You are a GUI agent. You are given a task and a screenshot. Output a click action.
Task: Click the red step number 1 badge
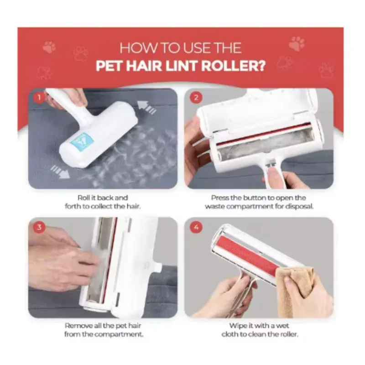39,97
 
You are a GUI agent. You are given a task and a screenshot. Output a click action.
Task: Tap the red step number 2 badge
196,97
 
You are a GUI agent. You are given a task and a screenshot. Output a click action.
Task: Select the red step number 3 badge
39,227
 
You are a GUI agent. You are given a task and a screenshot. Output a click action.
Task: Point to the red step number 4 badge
196,227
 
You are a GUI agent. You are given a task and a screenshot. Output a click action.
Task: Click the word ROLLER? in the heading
233,66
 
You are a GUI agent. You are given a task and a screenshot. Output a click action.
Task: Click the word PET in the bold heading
109,66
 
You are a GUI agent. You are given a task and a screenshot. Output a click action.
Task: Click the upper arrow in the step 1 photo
146,107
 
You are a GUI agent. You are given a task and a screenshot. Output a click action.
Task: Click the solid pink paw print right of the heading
297,43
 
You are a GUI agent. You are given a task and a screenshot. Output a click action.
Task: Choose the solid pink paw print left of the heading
49,47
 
